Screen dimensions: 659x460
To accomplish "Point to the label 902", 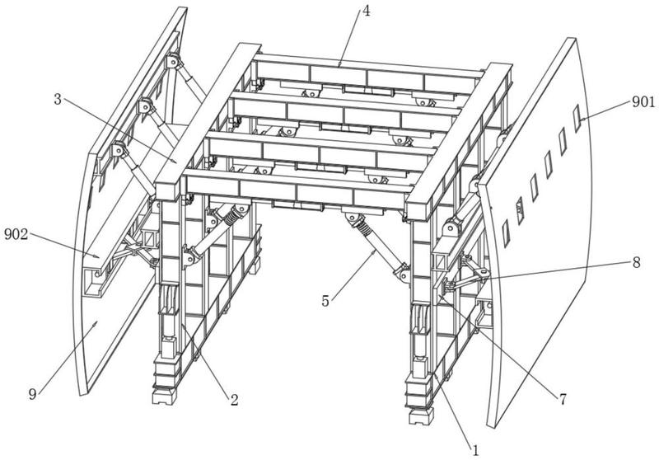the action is click(16, 234).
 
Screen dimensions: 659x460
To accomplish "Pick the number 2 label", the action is click(234, 401).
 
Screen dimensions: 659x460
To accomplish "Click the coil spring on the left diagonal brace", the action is click(228, 220).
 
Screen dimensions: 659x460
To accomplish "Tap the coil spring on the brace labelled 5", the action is click(358, 223).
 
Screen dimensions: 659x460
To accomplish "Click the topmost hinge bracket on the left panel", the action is click(174, 62).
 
